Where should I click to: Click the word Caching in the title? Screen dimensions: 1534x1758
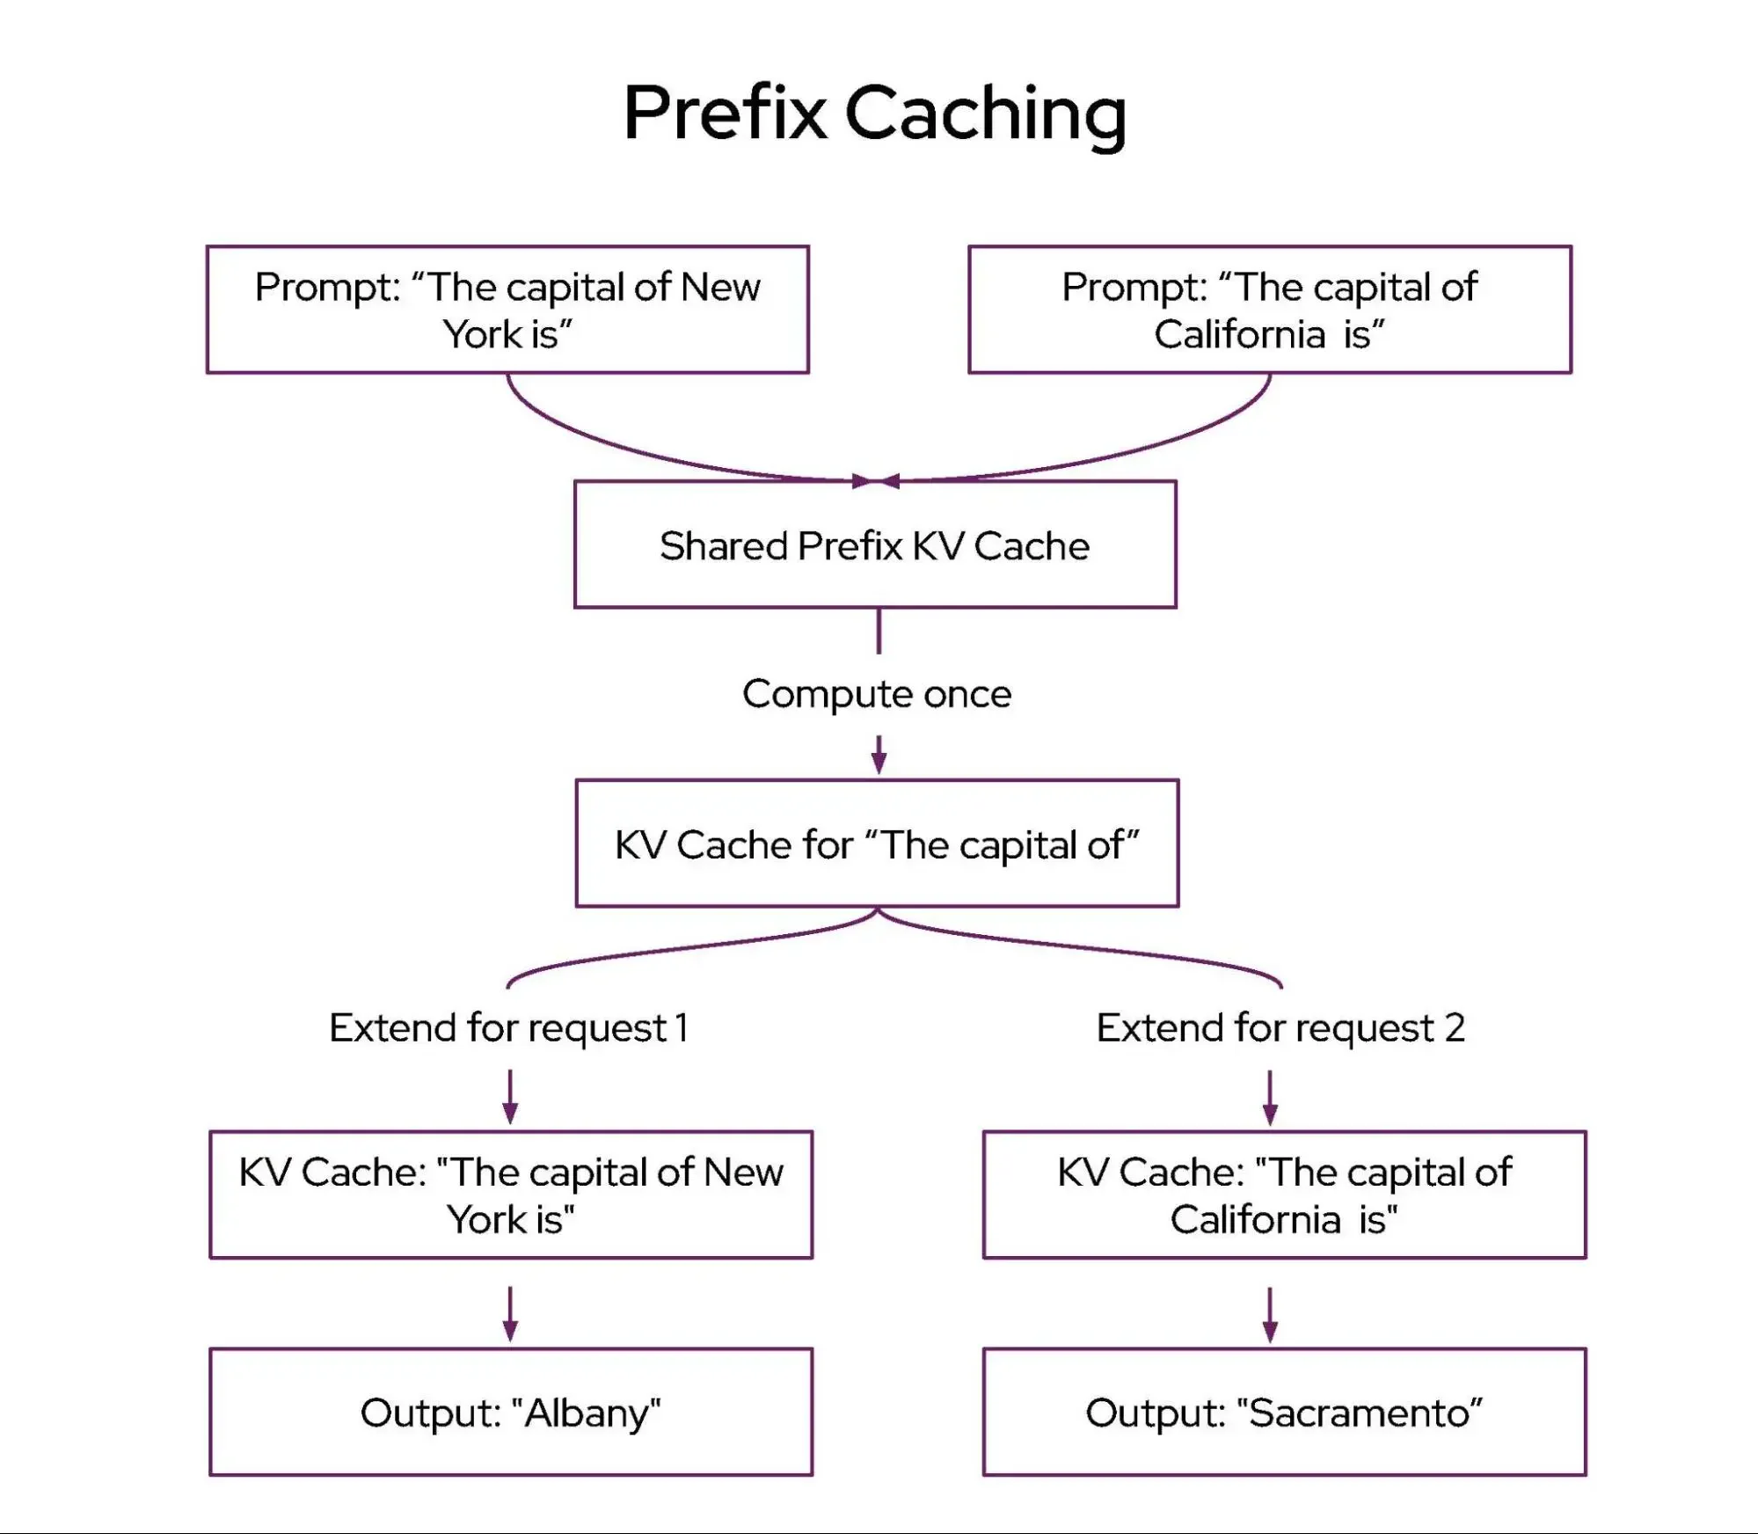point(985,114)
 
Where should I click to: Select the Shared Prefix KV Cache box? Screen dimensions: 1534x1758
point(875,544)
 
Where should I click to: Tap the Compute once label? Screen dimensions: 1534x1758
point(877,694)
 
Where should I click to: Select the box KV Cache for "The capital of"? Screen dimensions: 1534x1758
point(877,844)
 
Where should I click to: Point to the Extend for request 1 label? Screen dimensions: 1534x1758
point(508,1027)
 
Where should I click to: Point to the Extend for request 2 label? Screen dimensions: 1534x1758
point(1280,1027)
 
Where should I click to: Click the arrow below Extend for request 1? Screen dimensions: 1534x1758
point(510,1099)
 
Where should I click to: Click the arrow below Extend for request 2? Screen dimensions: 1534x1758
point(1270,1099)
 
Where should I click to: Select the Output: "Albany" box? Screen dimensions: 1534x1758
point(511,1412)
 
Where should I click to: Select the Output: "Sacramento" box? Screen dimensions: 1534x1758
point(1284,1412)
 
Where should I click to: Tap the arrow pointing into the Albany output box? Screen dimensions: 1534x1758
point(510,1317)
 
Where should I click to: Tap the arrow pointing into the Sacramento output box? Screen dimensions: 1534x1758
point(1270,1317)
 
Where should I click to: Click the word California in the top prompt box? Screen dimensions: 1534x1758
point(1240,334)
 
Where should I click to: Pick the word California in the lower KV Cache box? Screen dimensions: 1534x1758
point(1255,1220)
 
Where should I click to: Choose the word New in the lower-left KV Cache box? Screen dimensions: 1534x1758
point(743,1172)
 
